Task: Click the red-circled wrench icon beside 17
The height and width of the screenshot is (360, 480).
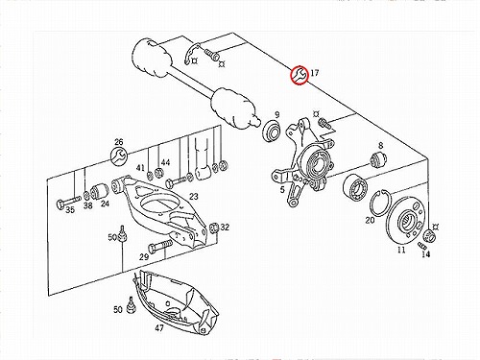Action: pos(300,75)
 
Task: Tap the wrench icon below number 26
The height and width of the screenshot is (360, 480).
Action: pos(119,156)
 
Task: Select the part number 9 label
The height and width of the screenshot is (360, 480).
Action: pos(277,114)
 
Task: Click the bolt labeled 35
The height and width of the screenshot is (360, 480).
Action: pos(67,202)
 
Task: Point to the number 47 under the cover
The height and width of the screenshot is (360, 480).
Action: pos(159,328)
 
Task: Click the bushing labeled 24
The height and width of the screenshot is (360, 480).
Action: pos(100,191)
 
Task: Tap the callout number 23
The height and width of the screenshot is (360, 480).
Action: pos(194,197)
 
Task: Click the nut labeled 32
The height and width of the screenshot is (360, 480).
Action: pos(214,228)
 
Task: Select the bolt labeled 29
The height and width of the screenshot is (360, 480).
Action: pos(159,246)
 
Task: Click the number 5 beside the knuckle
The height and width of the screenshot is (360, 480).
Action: pos(282,190)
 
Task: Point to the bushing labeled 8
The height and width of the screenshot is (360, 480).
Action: pos(378,159)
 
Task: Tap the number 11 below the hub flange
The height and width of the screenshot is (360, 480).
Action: pos(401,250)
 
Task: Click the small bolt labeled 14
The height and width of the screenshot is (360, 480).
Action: pos(422,246)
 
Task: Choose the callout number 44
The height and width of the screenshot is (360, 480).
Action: pos(165,162)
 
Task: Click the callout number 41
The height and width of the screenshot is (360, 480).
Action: pos(140,168)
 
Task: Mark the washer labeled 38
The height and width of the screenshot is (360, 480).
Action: pos(86,194)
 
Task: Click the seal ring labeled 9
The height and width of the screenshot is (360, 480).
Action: pos(272,132)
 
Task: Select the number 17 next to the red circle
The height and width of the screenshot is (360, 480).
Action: pos(315,73)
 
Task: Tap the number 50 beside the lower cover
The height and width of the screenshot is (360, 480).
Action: pos(118,309)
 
